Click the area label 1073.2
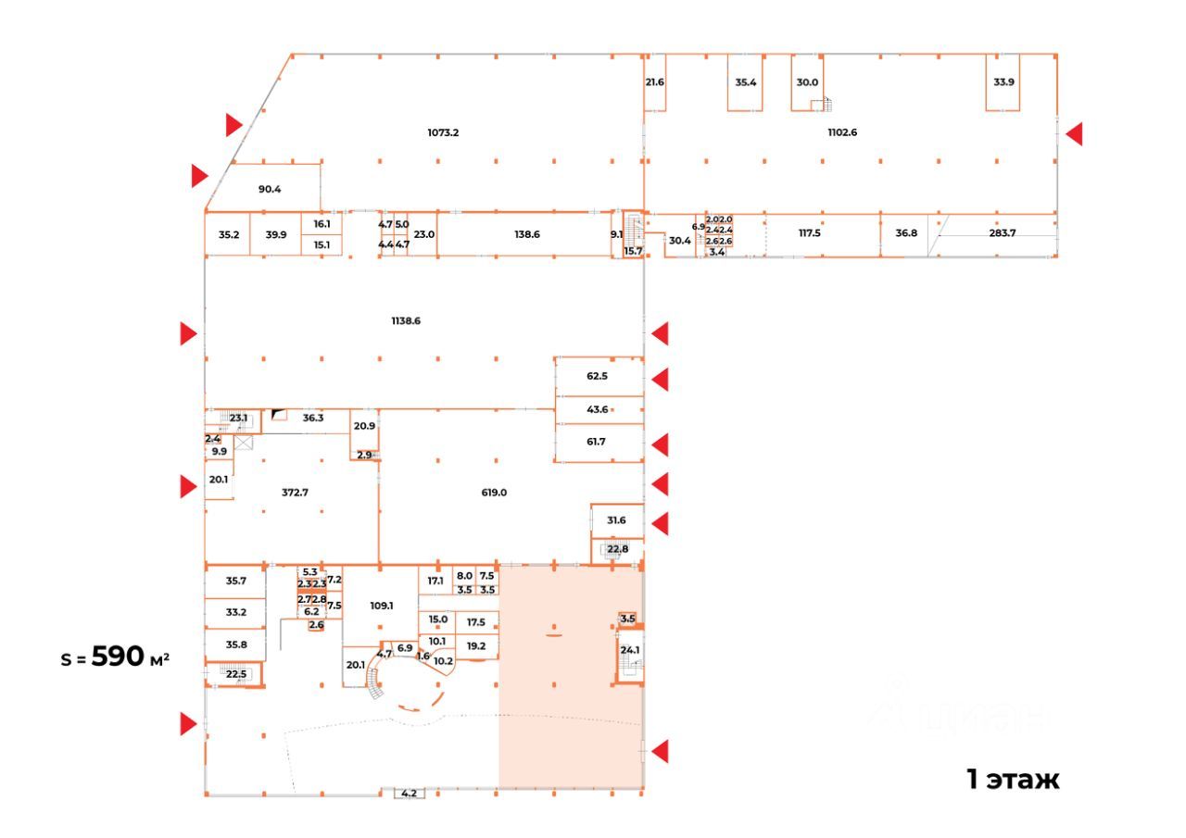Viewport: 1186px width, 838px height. click(x=443, y=132)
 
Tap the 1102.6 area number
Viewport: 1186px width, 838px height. click(x=842, y=132)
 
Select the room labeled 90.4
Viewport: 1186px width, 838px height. click(x=270, y=190)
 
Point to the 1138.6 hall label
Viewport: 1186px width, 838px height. click(x=406, y=320)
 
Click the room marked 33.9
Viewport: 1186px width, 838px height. click(x=1003, y=81)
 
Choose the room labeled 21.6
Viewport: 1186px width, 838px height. click(x=654, y=81)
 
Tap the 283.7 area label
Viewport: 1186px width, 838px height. click(x=1003, y=233)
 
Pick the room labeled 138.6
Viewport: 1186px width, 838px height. click(x=526, y=235)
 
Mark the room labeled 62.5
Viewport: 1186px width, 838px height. click(x=597, y=377)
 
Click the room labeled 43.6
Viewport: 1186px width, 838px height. click(x=597, y=409)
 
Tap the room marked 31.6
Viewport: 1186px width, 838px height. click(x=616, y=520)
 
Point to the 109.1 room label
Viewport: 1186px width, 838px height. click(x=382, y=606)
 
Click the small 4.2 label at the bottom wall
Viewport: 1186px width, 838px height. click(x=409, y=794)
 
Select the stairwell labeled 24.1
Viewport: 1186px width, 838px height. click(x=630, y=650)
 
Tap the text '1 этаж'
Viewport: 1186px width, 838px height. click(x=1013, y=780)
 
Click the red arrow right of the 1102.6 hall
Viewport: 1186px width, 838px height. click(x=1073, y=134)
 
